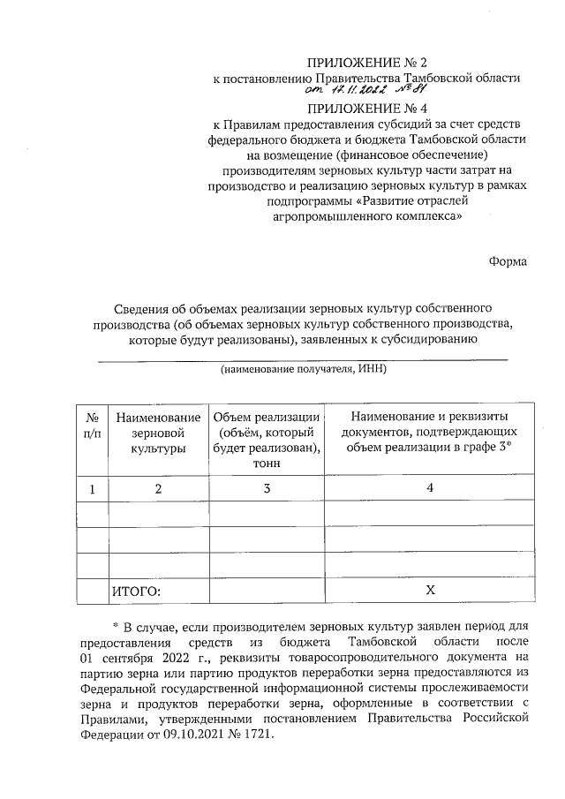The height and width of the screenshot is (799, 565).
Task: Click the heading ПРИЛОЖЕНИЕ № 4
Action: point(365,109)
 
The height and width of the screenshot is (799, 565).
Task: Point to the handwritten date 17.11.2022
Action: point(343,91)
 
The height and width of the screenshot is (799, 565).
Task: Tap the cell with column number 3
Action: point(265,487)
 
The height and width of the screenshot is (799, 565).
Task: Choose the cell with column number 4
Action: point(430,487)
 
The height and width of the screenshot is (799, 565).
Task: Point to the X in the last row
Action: point(430,590)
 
